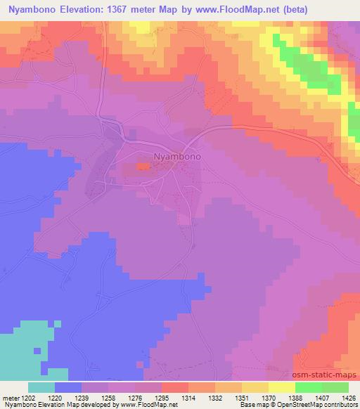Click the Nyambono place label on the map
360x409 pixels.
point(177,157)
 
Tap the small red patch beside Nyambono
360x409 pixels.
point(142,167)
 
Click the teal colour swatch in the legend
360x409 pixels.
point(41,387)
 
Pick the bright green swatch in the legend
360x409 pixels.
point(309,387)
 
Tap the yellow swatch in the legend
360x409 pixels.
point(282,387)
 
